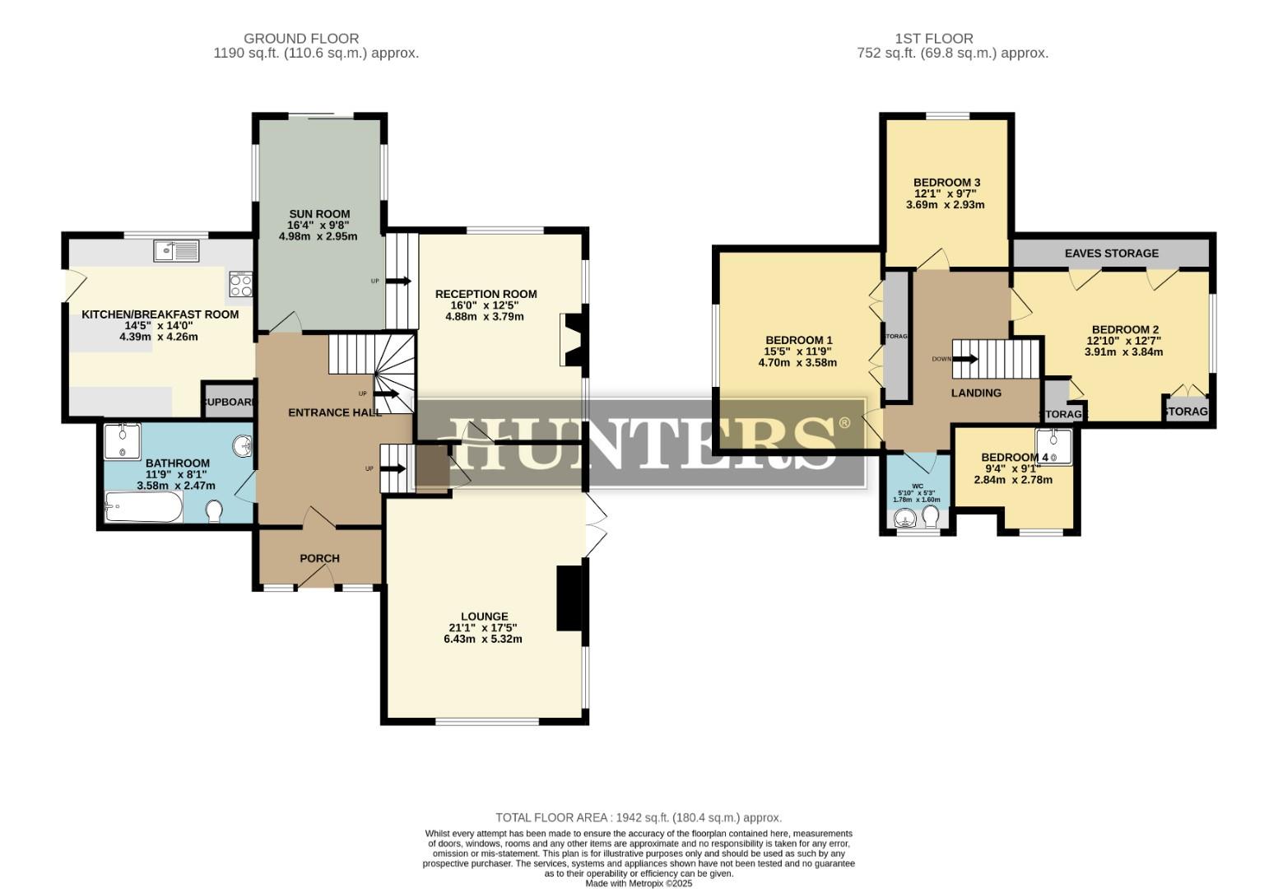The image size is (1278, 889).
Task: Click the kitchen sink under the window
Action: pyautogui.click(x=176, y=249)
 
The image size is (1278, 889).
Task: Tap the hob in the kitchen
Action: pyautogui.click(x=241, y=285)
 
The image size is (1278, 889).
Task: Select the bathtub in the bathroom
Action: pyautogui.click(x=143, y=507)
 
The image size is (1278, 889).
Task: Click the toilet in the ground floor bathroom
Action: pyautogui.click(x=214, y=513)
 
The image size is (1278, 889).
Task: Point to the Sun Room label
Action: pyautogui.click(x=318, y=214)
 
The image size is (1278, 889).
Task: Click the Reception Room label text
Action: pyautogui.click(x=486, y=294)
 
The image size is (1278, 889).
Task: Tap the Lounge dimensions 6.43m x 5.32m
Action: pyautogui.click(x=484, y=639)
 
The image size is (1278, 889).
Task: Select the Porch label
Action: pyautogui.click(x=319, y=558)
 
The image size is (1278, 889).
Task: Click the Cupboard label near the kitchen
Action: pyautogui.click(x=230, y=402)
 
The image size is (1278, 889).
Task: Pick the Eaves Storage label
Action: pyautogui.click(x=1111, y=253)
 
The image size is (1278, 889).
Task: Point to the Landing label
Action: pyautogui.click(x=976, y=393)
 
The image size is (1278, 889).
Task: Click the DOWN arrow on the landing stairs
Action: pyautogui.click(x=965, y=359)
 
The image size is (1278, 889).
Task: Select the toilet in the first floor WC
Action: pyautogui.click(x=931, y=516)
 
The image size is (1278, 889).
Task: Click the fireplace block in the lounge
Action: pyautogui.click(x=568, y=598)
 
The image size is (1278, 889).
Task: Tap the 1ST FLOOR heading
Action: pyautogui.click(x=934, y=38)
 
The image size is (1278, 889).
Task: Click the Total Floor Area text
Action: pyautogui.click(x=638, y=817)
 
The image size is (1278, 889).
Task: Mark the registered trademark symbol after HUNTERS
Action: pyautogui.click(x=843, y=423)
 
